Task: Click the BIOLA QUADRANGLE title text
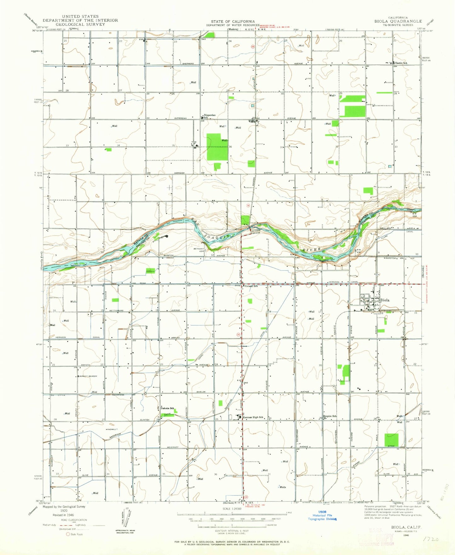pos(398,21)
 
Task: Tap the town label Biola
pos(385,300)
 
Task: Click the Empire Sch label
pos(330,416)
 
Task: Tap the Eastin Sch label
pos(401,63)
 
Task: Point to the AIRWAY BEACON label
pos(88,376)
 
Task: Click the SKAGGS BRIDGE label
pos(256,231)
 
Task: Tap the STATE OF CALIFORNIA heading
pos(233,21)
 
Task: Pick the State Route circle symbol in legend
pos(68,534)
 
